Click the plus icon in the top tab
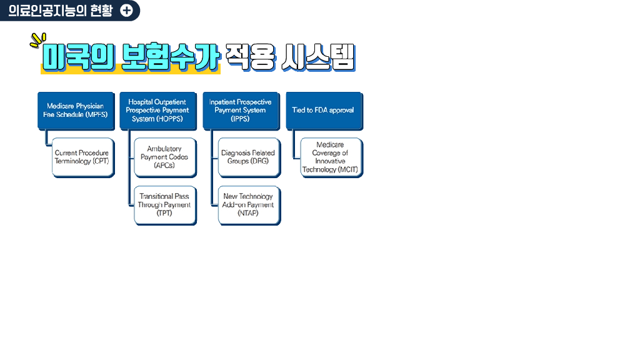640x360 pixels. [x=126, y=11]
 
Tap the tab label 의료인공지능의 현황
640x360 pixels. [x=61, y=11]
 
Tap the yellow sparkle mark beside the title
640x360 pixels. [x=37, y=40]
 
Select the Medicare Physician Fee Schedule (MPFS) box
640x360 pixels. [x=76, y=111]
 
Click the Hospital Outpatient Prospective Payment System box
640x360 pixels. [x=157, y=111]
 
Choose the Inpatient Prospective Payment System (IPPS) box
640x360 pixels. [x=240, y=111]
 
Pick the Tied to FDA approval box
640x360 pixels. [x=323, y=111]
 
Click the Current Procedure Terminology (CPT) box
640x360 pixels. [x=82, y=157]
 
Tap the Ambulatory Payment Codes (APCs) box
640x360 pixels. [x=164, y=157]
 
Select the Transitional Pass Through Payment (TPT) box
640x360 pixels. [x=164, y=204]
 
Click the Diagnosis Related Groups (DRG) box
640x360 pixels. [x=247, y=157]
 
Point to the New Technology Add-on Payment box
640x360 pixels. [x=247, y=204]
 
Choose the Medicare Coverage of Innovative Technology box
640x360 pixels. [x=330, y=157]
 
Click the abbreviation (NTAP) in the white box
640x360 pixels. [x=247, y=213]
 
